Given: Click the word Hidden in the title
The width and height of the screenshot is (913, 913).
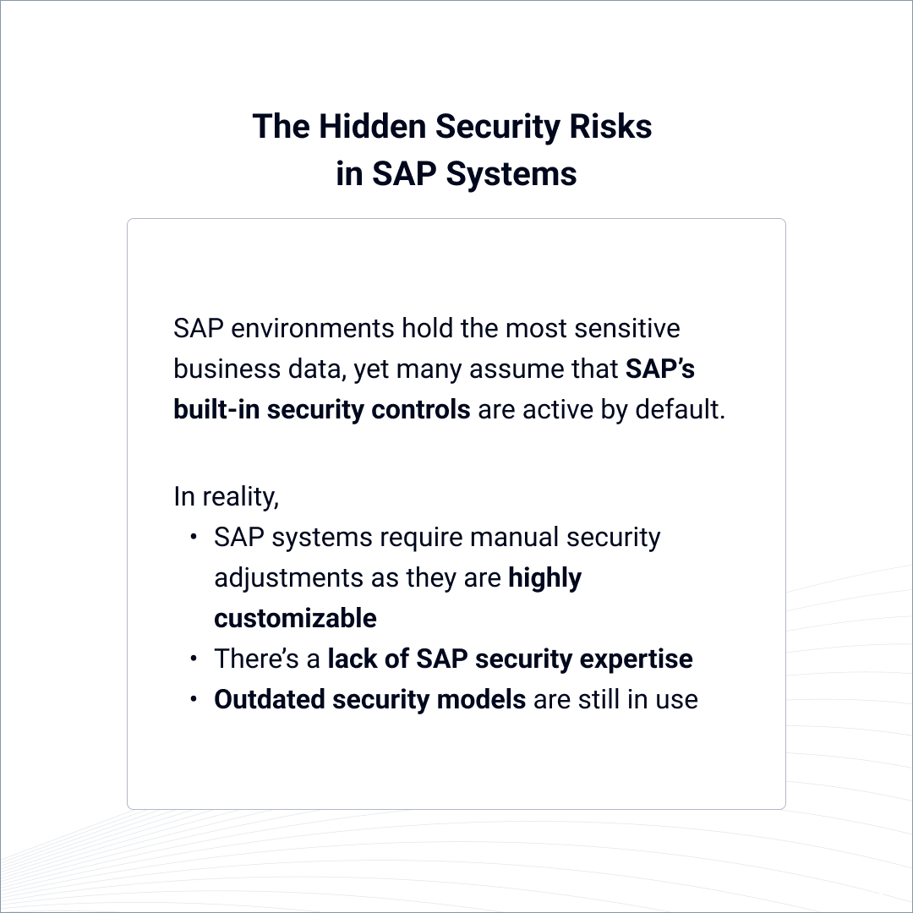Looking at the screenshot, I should click(x=371, y=127).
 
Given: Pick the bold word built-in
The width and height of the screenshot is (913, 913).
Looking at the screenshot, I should click(x=216, y=409).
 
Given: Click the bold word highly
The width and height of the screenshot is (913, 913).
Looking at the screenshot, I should click(x=544, y=578).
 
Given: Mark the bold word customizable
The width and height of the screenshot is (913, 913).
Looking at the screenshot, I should click(x=295, y=618).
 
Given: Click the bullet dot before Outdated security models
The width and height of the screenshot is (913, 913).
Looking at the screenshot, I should click(x=194, y=700).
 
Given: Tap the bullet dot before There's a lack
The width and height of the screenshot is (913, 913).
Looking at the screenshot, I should click(x=194, y=659).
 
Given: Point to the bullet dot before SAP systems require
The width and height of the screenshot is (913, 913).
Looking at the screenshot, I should click(x=194, y=538).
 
